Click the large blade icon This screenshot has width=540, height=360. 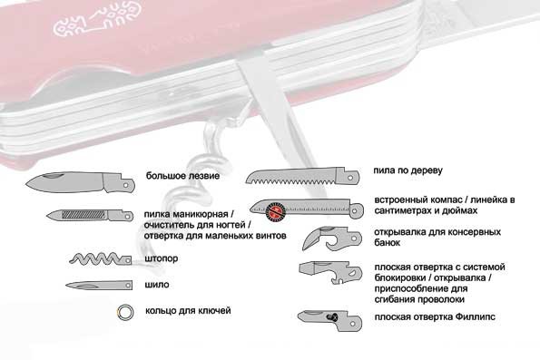[x=80, y=182]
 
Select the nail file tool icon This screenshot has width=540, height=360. [x=90, y=215]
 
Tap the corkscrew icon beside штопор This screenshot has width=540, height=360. [x=101, y=258]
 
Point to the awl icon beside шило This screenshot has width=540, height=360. [x=99, y=286]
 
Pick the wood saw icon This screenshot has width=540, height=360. [x=302, y=176]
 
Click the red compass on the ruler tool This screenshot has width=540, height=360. [x=276, y=211]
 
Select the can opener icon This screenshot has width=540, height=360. [x=332, y=238]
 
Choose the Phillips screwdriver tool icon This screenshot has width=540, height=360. [x=330, y=321]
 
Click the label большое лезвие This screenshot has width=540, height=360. [x=182, y=176]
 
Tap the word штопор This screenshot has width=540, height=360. [x=162, y=258]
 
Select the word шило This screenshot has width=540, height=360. [x=157, y=285]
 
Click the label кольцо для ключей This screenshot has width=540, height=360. [x=188, y=311]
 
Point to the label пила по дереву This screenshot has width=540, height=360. [x=407, y=170]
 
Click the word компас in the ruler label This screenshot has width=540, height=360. [x=445, y=200]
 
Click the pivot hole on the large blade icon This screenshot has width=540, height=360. [x=126, y=185]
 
